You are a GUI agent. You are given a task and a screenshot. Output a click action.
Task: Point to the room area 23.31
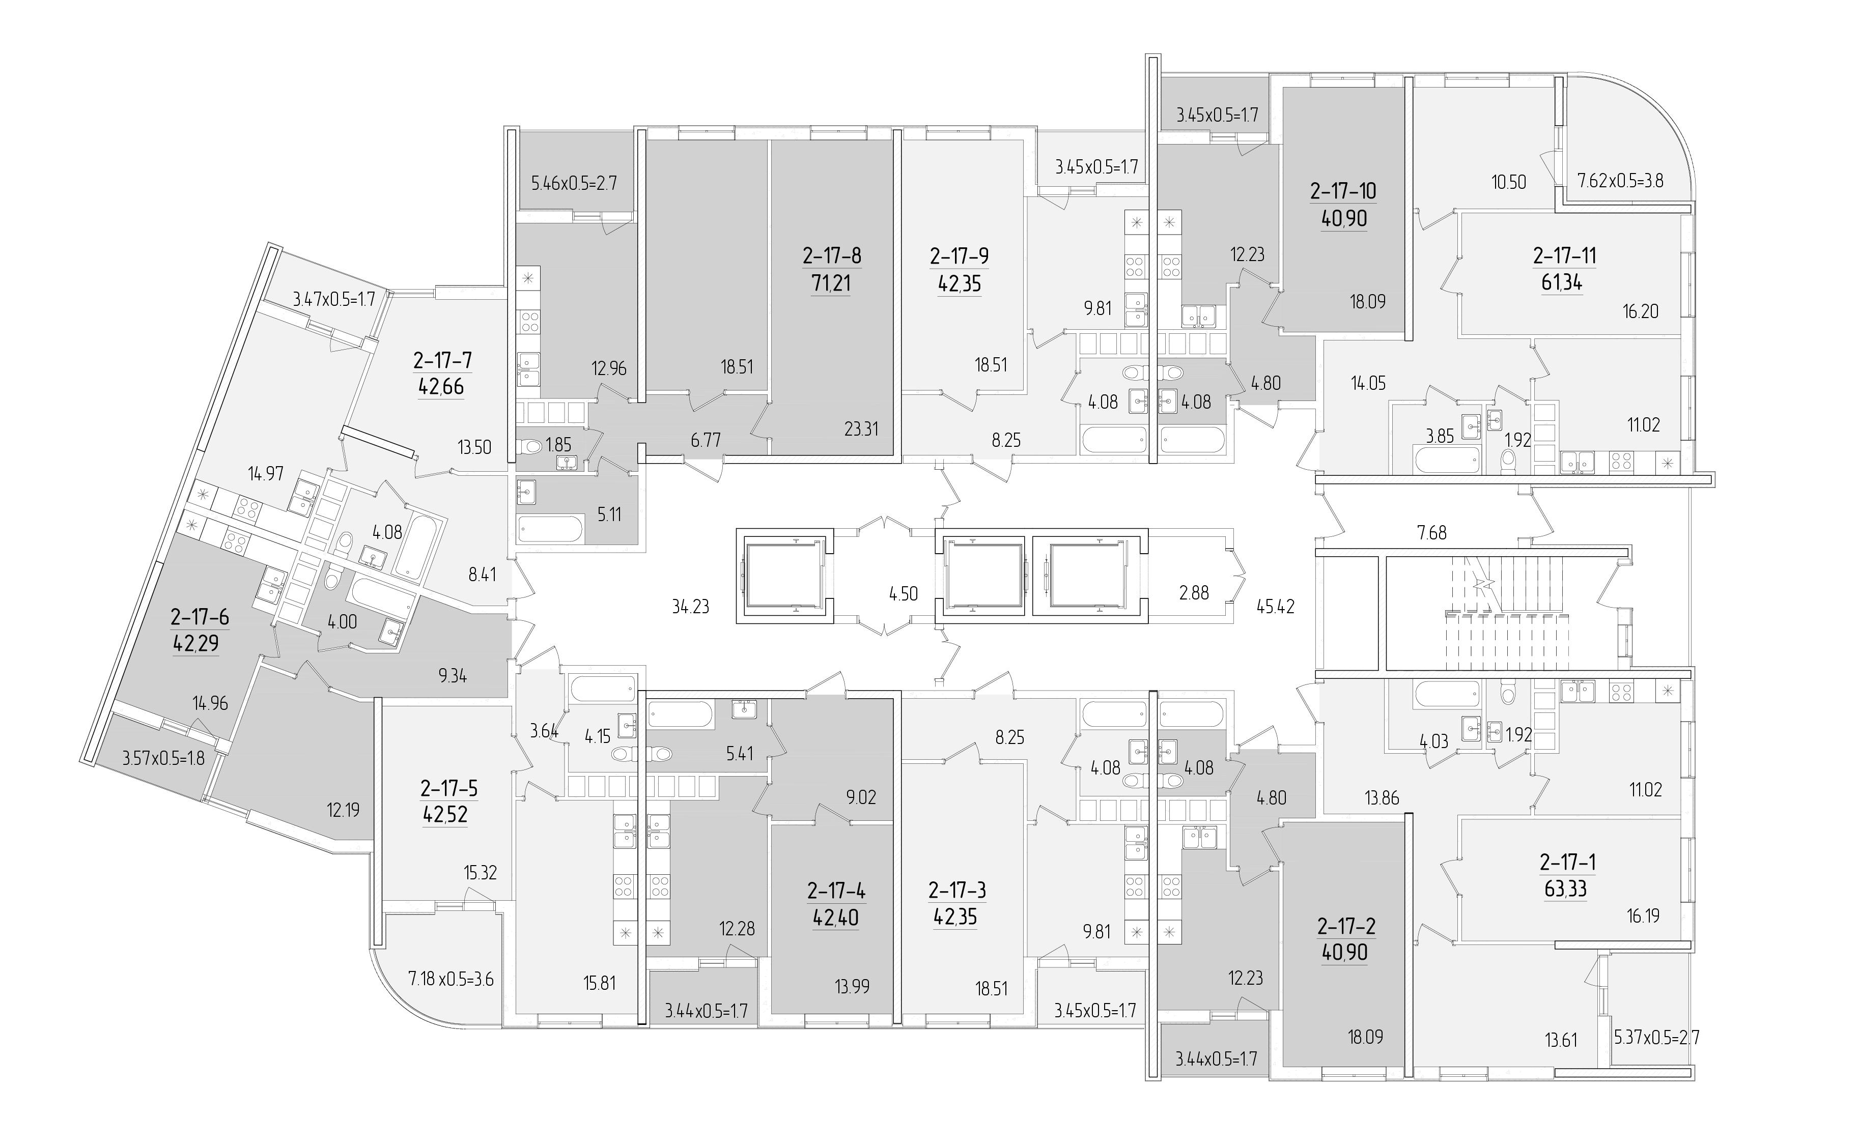(x=861, y=428)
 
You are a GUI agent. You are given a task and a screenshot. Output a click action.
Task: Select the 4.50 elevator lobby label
(x=904, y=594)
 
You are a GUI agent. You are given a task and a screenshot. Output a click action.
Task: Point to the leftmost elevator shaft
(x=785, y=576)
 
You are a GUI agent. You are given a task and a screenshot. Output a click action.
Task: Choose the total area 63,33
(x=1566, y=889)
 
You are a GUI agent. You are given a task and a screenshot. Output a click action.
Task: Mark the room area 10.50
(x=1508, y=182)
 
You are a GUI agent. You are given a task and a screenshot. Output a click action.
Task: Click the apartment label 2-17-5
(x=449, y=788)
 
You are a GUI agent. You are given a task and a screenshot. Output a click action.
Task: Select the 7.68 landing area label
(x=1431, y=533)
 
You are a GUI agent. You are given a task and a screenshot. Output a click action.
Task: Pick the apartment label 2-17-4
(x=836, y=891)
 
